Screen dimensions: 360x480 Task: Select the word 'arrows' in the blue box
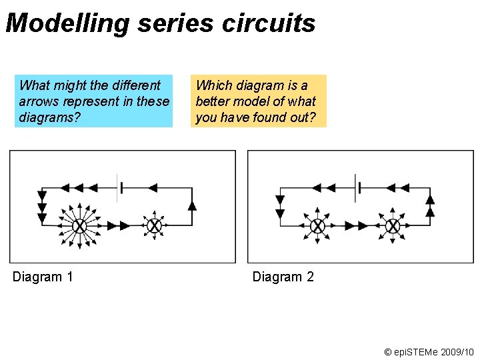(x=39, y=101)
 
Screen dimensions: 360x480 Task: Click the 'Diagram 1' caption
(x=43, y=277)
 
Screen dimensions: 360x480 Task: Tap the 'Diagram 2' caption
(x=283, y=277)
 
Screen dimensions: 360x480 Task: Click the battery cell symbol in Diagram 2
(x=357, y=188)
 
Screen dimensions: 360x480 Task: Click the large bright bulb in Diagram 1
(x=79, y=226)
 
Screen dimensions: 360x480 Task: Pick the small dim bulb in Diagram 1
(x=154, y=226)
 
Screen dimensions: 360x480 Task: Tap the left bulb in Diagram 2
(x=318, y=226)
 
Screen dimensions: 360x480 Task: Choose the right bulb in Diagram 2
(x=393, y=226)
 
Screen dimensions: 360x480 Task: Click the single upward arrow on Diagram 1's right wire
(x=193, y=205)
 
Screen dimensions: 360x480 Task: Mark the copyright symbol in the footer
(x=389, y=351)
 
